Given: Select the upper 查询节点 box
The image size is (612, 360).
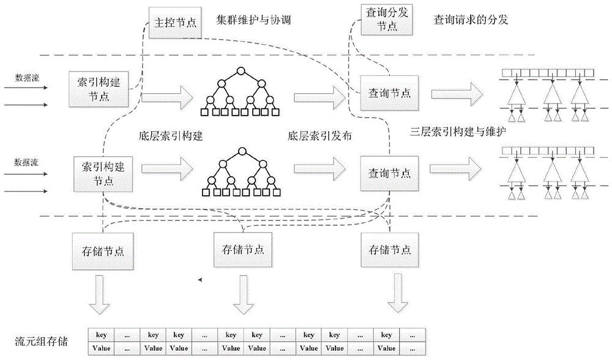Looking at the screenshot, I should [x=389, y=92].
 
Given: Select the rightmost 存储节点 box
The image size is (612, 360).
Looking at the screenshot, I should [x=390, y=250].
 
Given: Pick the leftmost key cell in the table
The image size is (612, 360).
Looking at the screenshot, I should [x=102, y=335].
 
